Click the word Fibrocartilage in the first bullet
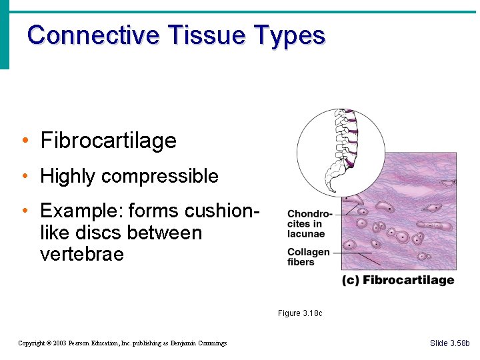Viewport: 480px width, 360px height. click(x=108, y=141)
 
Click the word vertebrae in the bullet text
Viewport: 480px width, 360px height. click(x=82, y=255)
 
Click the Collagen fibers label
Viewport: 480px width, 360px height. click(x=308, y=257)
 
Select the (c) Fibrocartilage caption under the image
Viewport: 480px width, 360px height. click(x=398, y=280)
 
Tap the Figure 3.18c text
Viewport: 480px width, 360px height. click(x=300, y=313)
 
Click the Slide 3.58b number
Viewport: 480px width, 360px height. click(x=450, y=343)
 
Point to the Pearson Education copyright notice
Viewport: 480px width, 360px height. click(x=123, y=343)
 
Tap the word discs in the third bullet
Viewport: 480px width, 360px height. click(x=147, y=233)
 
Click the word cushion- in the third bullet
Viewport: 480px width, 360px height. click(x=220, y=211)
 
